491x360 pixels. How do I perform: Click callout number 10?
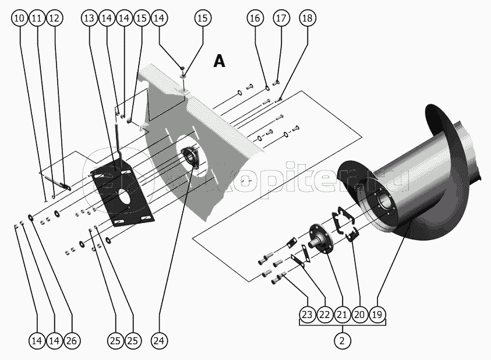19,18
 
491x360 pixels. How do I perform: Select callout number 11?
36,18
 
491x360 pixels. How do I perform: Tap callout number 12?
54,18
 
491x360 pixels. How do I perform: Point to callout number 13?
89,18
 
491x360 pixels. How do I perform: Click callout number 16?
255,18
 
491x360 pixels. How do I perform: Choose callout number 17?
281,18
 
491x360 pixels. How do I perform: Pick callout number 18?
307,18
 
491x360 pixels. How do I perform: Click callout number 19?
377,315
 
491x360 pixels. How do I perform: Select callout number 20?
360,315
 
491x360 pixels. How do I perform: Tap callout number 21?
342,315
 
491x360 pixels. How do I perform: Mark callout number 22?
324,315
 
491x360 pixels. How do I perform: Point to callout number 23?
307,315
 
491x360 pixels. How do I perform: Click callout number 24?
158,340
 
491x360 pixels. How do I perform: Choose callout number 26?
72,340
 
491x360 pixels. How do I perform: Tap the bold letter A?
219,61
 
